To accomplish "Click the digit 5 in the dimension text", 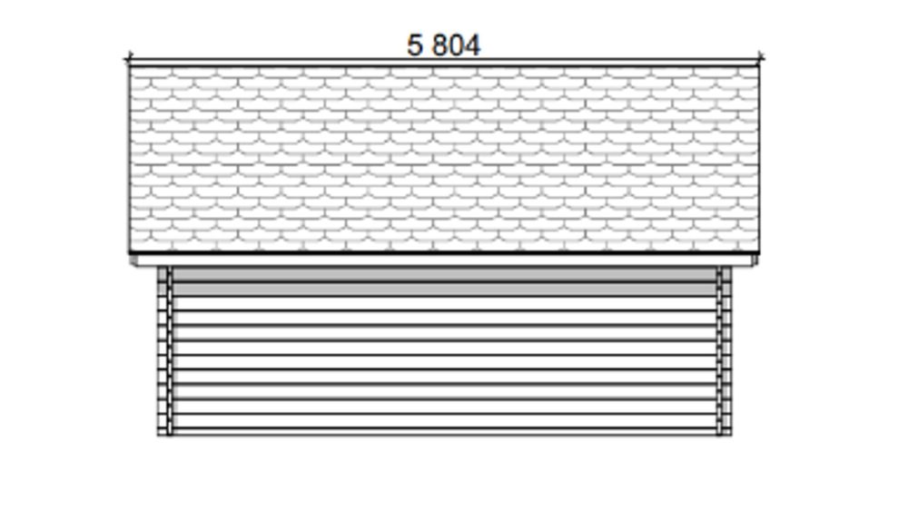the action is point(415,45).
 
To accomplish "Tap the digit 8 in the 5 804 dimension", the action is point(440,45).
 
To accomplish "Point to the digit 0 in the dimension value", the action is point(457,45).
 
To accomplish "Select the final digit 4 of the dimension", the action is point(473,45).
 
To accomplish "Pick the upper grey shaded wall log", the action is point(444,274).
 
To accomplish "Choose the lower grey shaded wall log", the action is point(444,290).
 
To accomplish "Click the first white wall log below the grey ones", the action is point(444,304).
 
